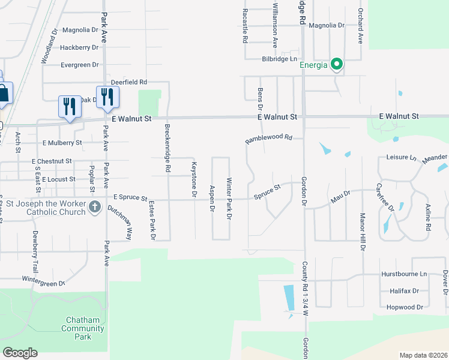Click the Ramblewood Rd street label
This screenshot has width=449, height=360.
[268, 139]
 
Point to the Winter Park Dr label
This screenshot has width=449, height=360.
[229, 199]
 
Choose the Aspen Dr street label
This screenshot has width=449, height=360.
[211, 199]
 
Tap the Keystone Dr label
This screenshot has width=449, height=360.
[193, 179]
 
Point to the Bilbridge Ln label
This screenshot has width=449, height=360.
[280, 59]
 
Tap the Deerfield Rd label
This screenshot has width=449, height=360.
[129, 82]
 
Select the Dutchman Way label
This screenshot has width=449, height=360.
[120, 220]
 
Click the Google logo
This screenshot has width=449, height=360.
[20, 353]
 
